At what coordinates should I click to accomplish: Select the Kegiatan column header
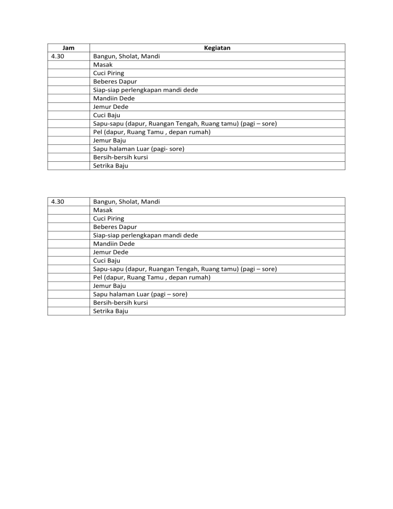[217, 48]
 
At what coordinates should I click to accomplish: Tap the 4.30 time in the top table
[58, 56]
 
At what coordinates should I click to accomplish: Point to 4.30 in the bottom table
[58, 202]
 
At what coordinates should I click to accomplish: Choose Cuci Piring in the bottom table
[108, 219]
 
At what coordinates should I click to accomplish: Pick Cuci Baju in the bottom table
[106, 261]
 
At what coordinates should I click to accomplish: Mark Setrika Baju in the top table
[111, 165]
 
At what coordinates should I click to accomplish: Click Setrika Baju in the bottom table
[111, 311]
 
